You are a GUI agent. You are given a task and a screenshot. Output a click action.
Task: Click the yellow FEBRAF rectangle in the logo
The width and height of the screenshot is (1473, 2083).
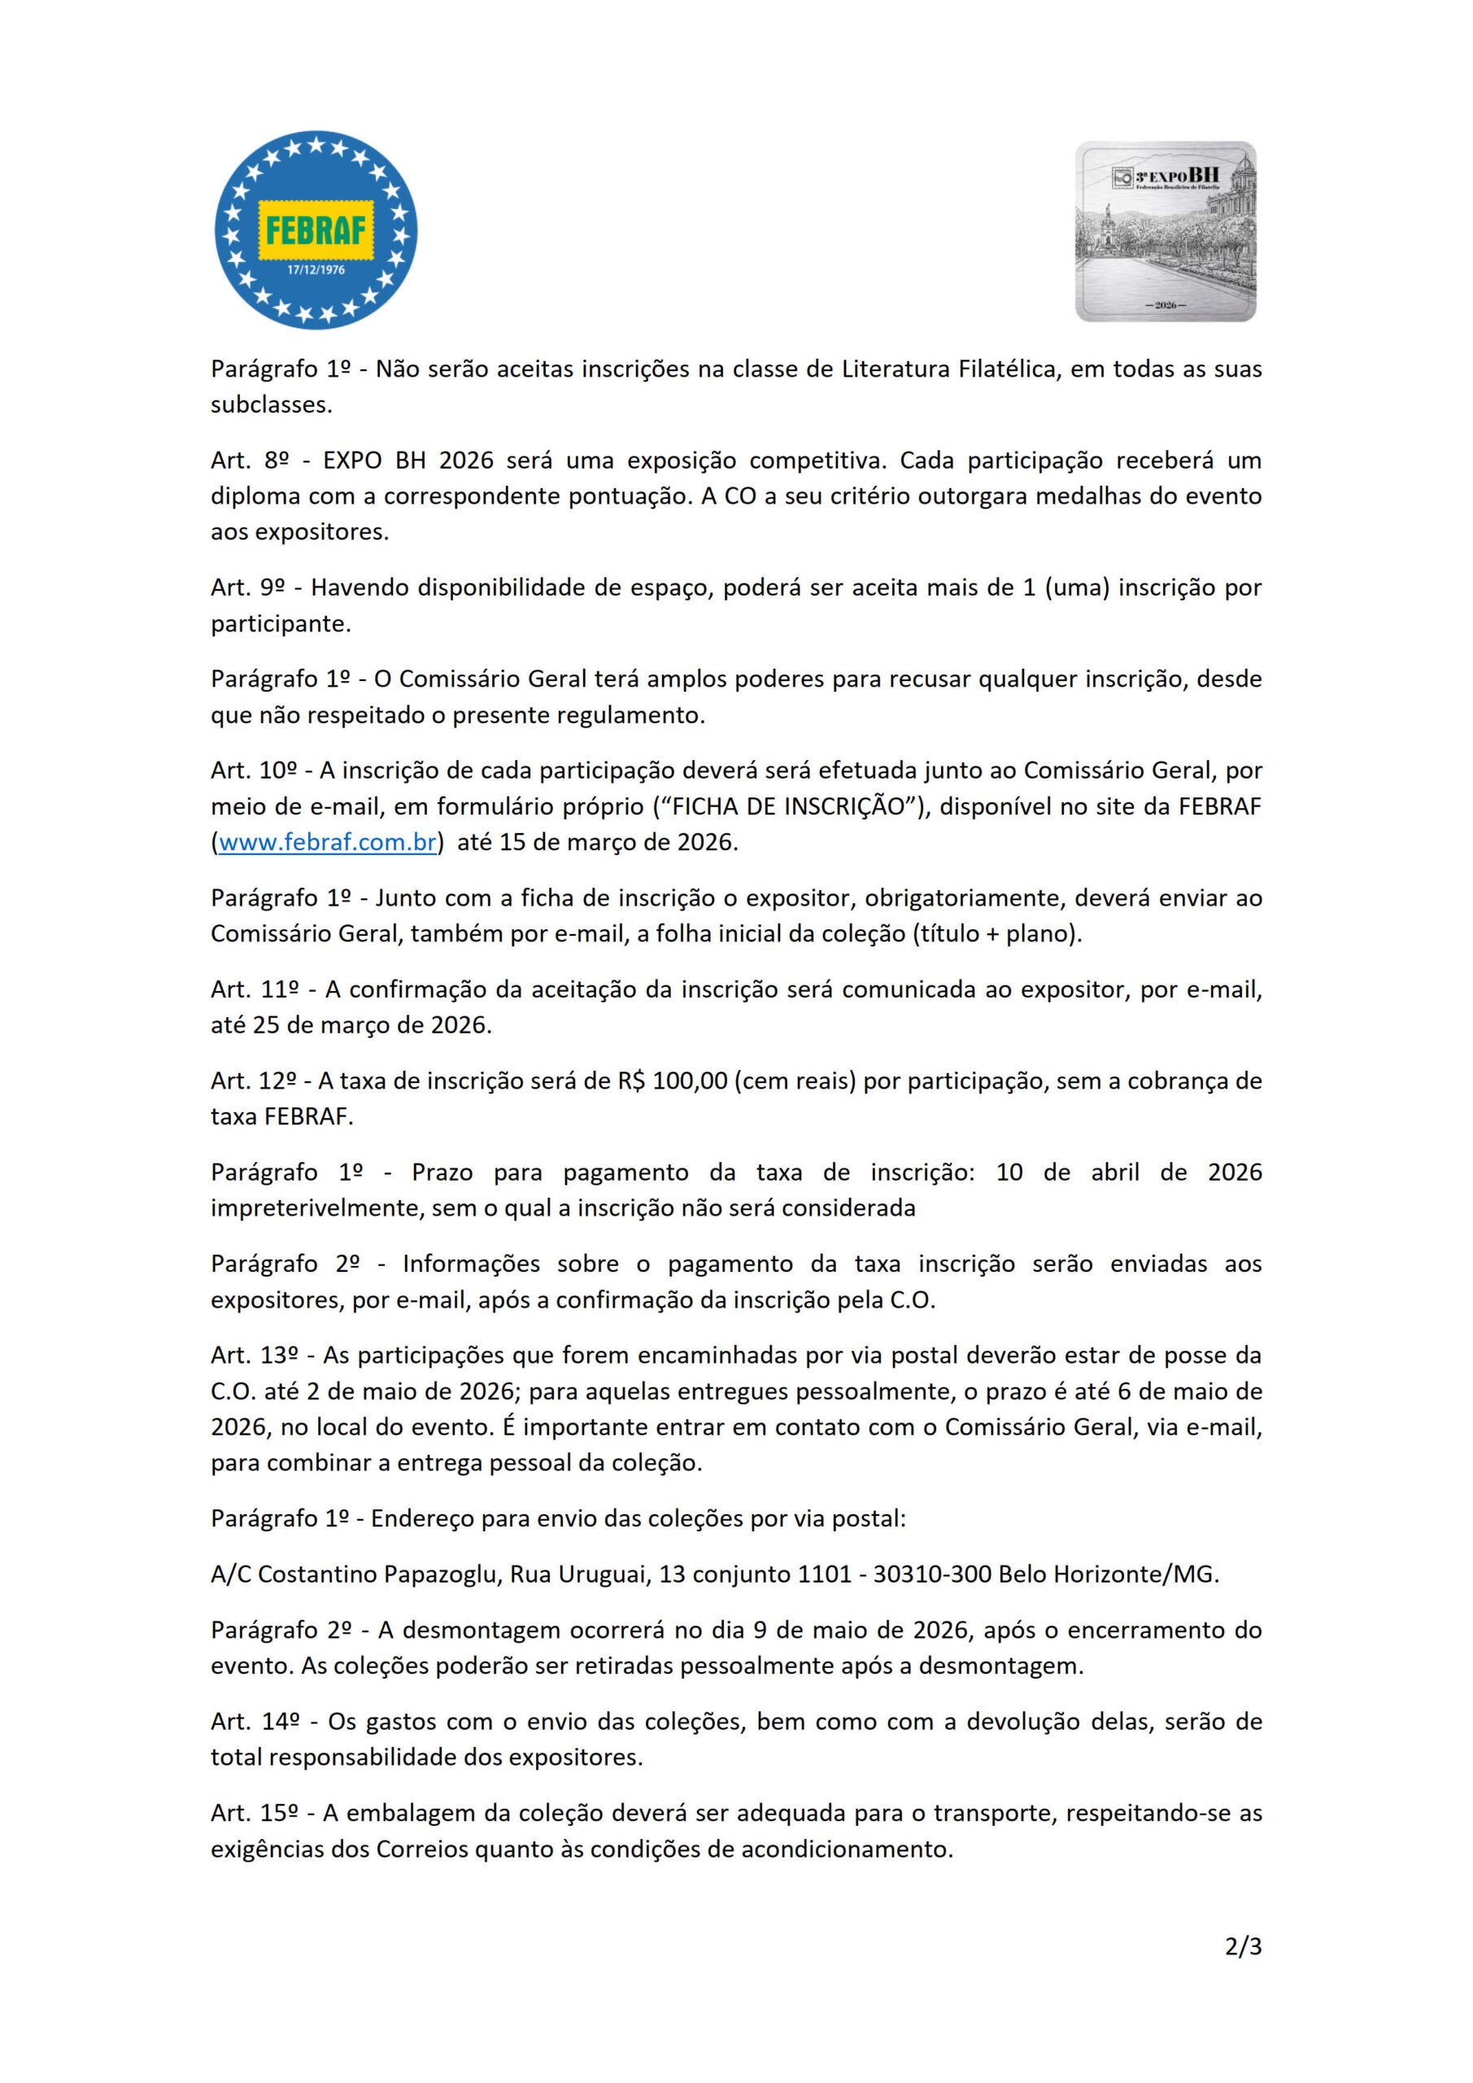316,229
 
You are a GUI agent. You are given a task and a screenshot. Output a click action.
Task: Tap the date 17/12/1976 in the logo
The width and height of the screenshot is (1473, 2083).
316,269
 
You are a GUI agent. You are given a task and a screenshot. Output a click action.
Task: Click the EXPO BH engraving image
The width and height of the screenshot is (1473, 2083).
1166,231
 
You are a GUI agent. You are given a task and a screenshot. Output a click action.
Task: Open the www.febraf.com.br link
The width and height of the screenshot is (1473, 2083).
328,842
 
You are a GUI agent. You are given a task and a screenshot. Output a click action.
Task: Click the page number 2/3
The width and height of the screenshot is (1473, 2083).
1243,1946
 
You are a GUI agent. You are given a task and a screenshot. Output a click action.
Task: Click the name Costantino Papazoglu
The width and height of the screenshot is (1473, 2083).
379,1574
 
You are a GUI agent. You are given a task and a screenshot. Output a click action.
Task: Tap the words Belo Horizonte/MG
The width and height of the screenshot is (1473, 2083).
1108,1574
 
